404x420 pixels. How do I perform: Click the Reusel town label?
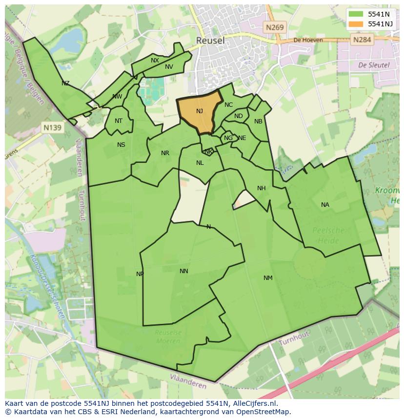210,40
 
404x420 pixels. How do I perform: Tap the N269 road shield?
275,28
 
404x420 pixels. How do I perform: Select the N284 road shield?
362,40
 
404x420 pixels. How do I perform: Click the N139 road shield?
52,128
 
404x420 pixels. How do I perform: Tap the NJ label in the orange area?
200,111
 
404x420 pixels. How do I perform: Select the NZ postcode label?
65,83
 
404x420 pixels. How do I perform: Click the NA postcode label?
325,205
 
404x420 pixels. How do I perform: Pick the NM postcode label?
268,278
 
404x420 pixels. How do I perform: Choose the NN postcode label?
183,271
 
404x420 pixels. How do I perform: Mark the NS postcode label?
121,145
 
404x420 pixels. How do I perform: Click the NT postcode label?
119,121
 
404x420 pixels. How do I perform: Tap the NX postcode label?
155,60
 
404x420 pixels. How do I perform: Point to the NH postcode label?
262,188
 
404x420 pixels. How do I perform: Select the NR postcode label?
165,153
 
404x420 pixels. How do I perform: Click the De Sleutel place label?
374,65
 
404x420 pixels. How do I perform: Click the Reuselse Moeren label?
168,336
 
